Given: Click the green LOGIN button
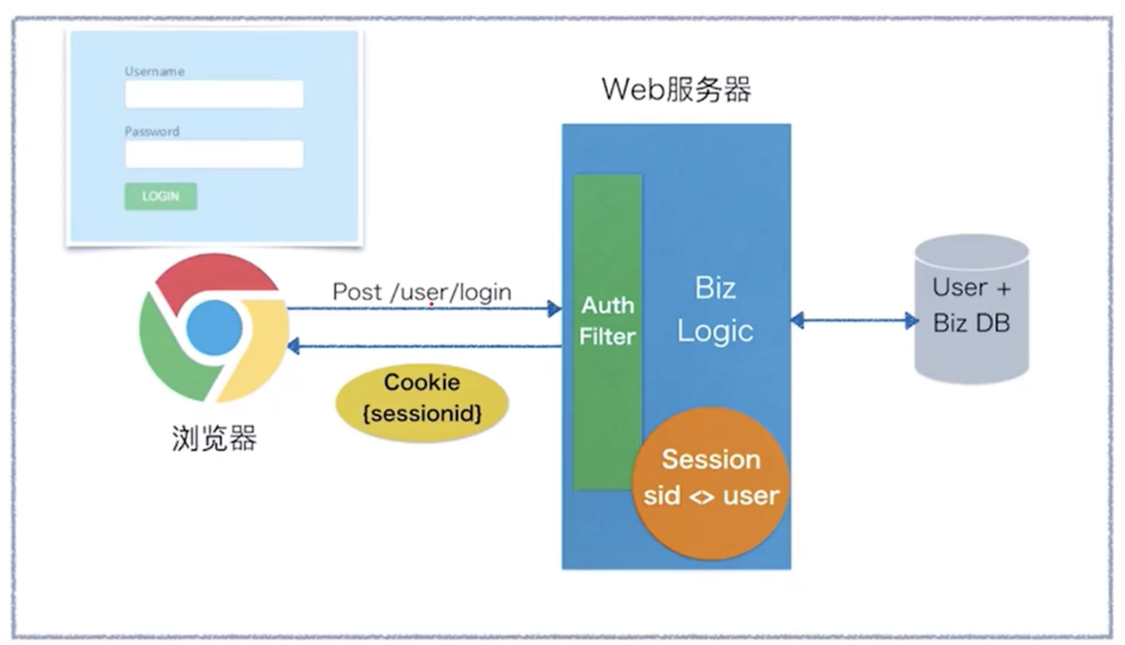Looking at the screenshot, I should coord(160,197).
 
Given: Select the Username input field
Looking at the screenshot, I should coord(214,94).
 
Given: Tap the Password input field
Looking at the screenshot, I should coord(214,154).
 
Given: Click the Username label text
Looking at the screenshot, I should coord(154,71).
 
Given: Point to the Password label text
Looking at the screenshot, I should coord(152,131).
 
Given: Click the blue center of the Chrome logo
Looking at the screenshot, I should coord(214,328).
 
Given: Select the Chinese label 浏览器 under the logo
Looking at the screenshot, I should coord(214,439).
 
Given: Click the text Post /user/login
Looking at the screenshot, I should coord(421,292).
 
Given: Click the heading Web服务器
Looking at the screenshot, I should coord(676,90).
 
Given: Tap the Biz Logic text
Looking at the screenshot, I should coord(715,310).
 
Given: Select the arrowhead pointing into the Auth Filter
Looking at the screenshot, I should coord(555,309).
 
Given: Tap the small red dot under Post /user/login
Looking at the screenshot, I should coord(431,304).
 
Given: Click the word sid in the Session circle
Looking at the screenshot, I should coord(661,496).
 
